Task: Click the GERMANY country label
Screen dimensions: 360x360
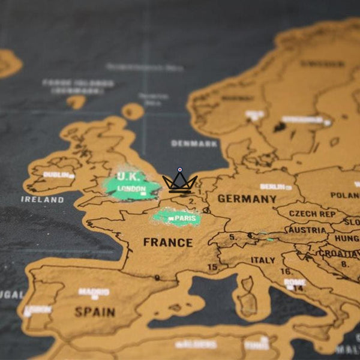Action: click(x=247, y=199)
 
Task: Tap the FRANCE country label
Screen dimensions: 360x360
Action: click(x=168, y=243)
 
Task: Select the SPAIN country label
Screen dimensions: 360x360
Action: click(x=95, y=312)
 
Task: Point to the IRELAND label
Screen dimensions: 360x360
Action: click(x=42, y=199)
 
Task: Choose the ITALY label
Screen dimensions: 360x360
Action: click(x=263, y=260)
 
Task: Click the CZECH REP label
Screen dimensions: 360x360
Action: click(x=311, y=214)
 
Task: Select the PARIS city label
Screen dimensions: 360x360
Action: click(x=185, y=218)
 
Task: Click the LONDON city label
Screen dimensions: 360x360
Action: click(x=131, y=188)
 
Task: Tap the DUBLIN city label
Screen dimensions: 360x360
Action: click(x=56, y=175)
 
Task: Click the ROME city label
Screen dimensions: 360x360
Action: click(x=295, y=282)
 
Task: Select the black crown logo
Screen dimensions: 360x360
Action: click(x=179, y=182)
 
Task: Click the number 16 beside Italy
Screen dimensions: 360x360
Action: click(x=286, y=272)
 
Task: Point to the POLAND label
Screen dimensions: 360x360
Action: click(x=346, y=196)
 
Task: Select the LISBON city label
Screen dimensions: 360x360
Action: click(x=37, y=310)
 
